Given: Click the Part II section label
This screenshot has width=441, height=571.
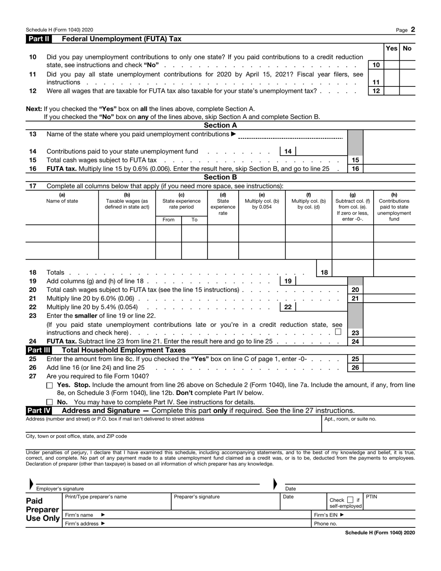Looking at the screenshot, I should pos(39,39).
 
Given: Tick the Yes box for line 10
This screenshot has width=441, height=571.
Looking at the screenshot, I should pos(391,65).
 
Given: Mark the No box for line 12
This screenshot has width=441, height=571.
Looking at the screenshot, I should pos(407,91).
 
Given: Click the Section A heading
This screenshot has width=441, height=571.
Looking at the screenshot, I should pos(220,125).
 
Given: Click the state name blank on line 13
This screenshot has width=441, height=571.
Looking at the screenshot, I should pos(290,135).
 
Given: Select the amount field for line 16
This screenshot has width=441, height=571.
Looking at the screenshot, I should pos(389,169).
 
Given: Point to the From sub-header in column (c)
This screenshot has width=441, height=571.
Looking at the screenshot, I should pos(169,220).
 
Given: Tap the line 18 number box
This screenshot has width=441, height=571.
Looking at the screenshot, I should pos(324,273).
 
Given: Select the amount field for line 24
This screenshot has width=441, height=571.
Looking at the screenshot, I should pos(389,342).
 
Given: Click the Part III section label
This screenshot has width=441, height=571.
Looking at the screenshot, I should pos(39,350).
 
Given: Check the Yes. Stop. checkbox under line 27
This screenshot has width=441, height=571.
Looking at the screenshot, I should pos(50,386).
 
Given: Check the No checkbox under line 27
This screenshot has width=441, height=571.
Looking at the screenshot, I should pos(50,402).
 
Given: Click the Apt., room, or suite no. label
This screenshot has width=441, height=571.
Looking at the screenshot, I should pos(350,419).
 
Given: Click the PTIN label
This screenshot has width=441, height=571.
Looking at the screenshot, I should pos(371,497).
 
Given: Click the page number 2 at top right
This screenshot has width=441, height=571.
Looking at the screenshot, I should pos(413,29).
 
